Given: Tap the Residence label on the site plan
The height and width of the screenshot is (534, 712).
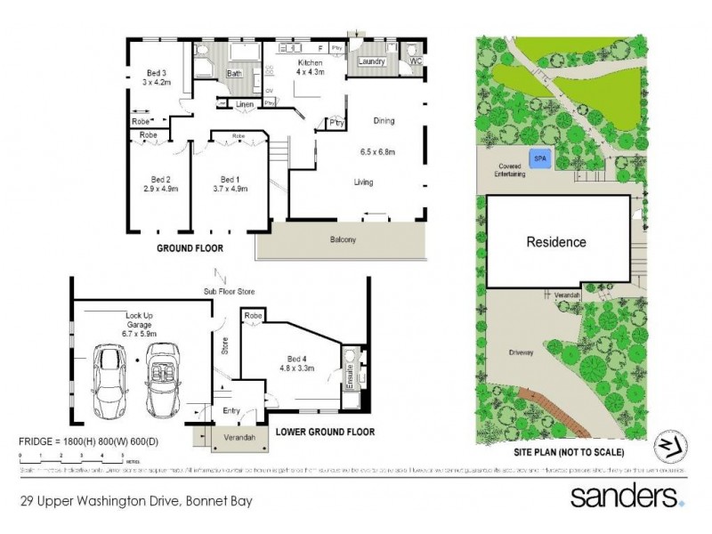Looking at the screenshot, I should [556, 241].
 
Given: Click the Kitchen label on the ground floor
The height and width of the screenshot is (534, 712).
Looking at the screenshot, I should [309, 64].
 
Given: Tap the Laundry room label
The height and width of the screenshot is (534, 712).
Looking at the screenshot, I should [371, 61].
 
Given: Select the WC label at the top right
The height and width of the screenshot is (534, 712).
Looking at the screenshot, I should [416, 61].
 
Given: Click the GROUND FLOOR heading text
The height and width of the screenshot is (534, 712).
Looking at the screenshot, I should [190, 248].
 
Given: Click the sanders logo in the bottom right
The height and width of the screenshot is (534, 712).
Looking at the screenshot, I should [627, 495].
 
